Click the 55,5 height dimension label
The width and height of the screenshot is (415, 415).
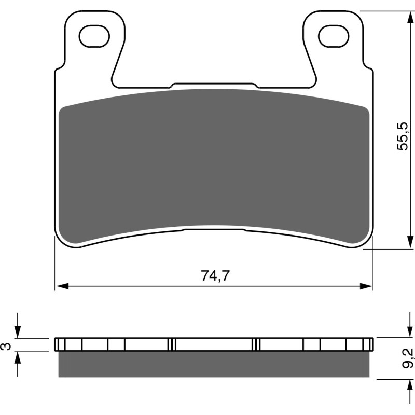coord(403,136)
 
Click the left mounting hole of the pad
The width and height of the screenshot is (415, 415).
coord(94,36)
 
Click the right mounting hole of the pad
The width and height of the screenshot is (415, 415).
coord(333,36)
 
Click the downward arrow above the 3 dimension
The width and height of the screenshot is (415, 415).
coord(19,333)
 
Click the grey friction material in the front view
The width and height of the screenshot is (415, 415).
coord(214,161)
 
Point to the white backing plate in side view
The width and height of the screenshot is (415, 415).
coord(214,344)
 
